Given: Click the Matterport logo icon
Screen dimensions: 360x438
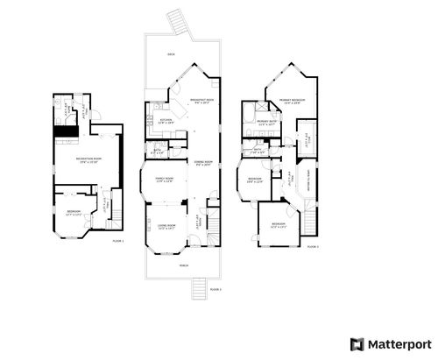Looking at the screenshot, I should (x=356, y=343).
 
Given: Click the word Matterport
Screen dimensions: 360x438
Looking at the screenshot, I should (x=394, y=343).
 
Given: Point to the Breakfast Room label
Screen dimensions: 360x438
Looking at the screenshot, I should (x=202, y=101).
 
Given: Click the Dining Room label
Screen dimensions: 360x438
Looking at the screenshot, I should (x=202, y=164).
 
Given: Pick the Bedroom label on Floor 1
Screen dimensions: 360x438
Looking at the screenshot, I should (x=74, y=211).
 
